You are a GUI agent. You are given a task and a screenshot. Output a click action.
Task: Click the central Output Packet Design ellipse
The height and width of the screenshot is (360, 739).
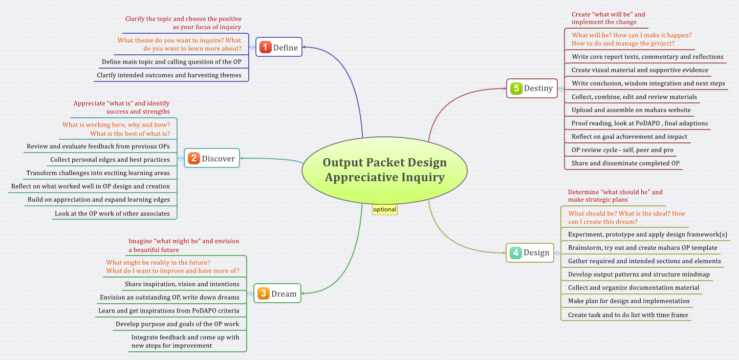click(x=384, y=170)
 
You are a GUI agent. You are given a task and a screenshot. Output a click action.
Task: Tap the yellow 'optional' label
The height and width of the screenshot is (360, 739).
click(x=384, y=209)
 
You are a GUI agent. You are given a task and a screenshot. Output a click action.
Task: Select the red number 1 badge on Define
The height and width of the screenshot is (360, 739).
click(x=265, y=47)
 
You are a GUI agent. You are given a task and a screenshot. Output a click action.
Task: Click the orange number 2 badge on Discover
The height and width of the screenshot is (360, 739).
click(x=193, y=158)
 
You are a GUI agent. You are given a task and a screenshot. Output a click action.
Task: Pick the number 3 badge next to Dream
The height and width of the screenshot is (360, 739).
click(x=263, y=293)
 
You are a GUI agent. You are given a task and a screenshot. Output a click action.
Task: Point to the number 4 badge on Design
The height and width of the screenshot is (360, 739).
click(x=515, y=252)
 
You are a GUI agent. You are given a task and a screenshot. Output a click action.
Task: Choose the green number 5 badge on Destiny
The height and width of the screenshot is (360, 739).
click(x=516, y=88)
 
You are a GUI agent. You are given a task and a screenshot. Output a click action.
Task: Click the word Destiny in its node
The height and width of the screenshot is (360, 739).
click(x=538, y=88)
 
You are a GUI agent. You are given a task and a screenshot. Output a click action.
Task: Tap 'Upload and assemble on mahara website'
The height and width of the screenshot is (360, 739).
click(x=631, y=110)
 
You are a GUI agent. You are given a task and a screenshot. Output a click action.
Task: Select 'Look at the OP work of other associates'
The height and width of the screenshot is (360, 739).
click(x=112, y=214)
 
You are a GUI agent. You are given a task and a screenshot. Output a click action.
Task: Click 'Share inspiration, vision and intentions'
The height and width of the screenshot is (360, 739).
click(x=182, y=284)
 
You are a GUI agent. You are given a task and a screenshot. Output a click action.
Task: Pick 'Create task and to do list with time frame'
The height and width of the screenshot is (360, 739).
click(x=627, y=315)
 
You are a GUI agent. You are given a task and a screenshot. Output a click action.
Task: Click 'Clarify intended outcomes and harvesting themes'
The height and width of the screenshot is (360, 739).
click(x=169, y=75)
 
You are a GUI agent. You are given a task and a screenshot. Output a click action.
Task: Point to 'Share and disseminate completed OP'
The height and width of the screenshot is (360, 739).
click(x=625, y=163)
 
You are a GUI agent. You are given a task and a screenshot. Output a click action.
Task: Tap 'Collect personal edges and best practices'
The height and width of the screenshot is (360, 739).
click(x=110, y=160)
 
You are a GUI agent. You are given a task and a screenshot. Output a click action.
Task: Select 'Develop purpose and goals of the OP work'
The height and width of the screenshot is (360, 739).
click(x=177, y=324)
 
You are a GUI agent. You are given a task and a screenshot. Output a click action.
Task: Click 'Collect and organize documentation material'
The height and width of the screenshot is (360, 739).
click(x=633, y=288)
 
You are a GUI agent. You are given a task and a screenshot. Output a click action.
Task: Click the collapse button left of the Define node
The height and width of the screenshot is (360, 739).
click(x=252, y=47)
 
